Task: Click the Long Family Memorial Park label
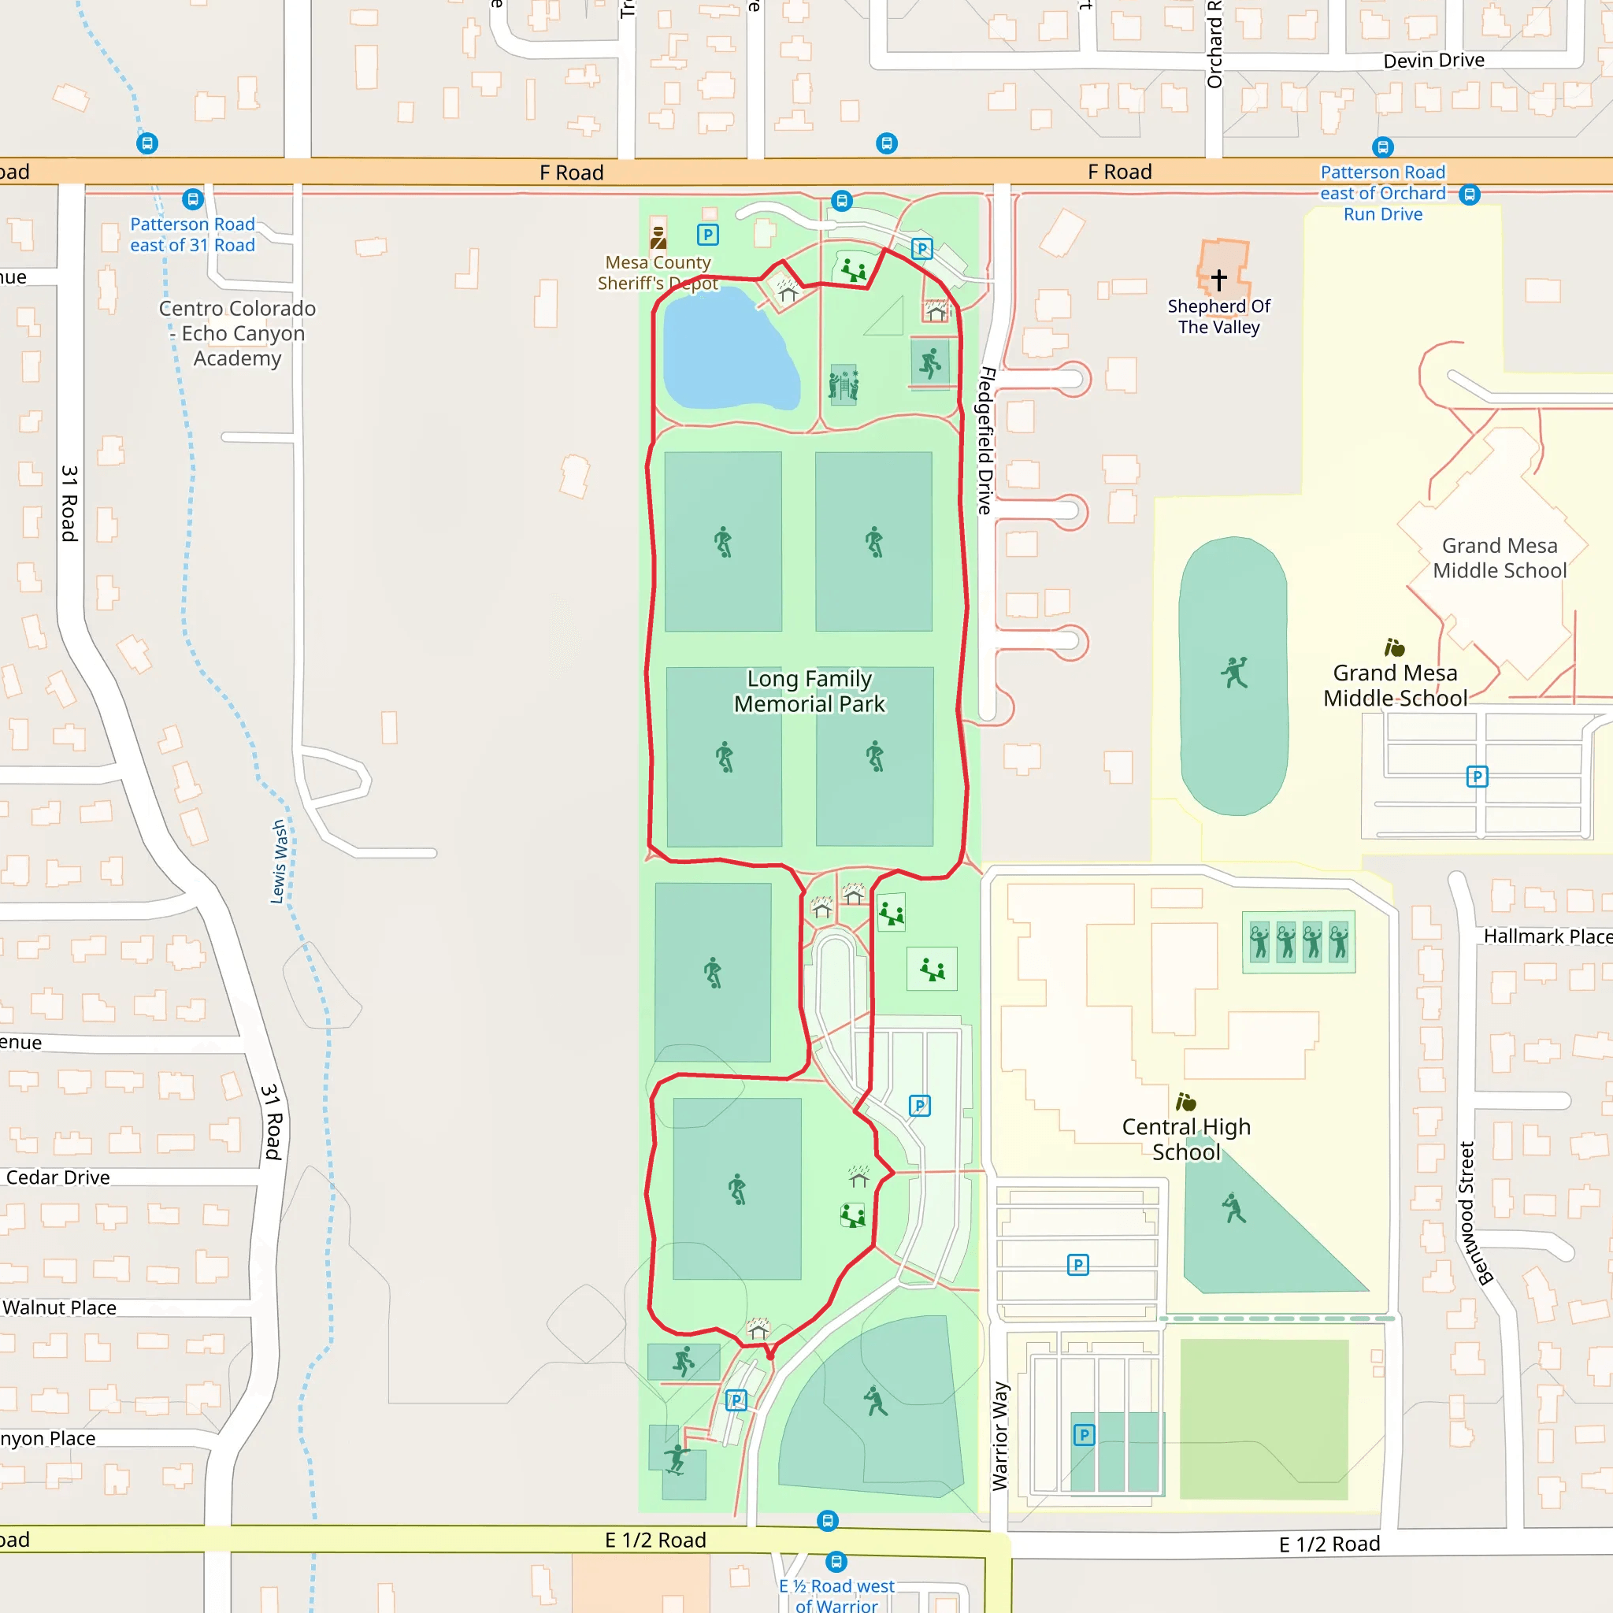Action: click(x=809, y=692)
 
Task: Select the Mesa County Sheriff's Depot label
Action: click(x=658, y=273)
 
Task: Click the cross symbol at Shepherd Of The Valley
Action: click(x=1219, y=279)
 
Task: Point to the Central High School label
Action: click(x=1185, y=1139)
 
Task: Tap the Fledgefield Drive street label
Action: click(x=986, y=440)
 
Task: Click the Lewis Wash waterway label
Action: click(x=279, y=862)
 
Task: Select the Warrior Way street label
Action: click(x=1000, y=1436)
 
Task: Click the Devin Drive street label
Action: click(x=1433, y=60)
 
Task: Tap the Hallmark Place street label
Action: click(x=1546, y=936)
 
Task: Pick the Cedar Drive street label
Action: click(x=57, y=1177)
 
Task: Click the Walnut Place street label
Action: click(x=59, y=1307)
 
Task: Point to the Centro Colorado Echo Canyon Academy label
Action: click(x=238, y=333)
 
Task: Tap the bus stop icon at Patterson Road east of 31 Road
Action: click(x=193, y=199)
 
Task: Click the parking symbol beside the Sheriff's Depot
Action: click(x=708, y=235)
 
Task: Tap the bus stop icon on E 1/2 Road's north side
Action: click(x=828, y=1520)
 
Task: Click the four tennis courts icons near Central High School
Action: click(x=1298, y=942)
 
